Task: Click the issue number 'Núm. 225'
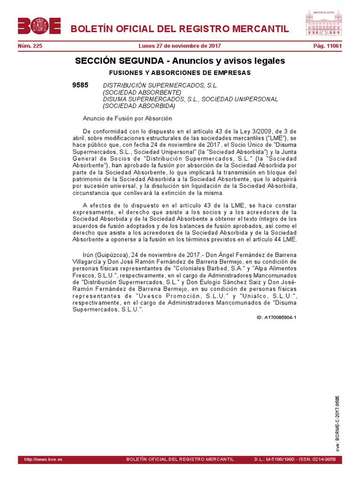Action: point(30,46)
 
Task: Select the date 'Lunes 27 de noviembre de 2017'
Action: point(180,46)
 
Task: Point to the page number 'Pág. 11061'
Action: point(327,46)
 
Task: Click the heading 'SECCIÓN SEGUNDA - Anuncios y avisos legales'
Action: point(180,61)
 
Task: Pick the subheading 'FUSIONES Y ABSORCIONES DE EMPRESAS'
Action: point(180,73)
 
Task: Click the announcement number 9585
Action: point(80,85)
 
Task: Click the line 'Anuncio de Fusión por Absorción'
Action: point(127,119)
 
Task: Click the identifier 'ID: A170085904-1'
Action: point(277,317)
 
